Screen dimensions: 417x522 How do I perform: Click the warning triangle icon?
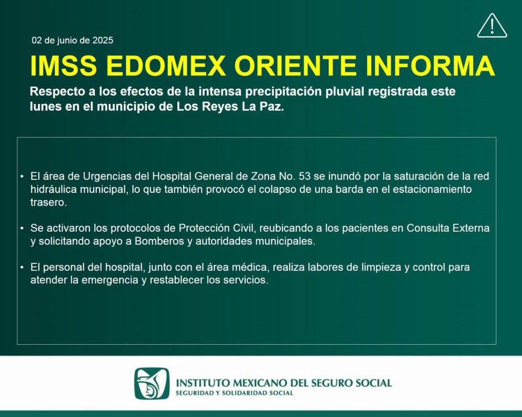coord(491,26)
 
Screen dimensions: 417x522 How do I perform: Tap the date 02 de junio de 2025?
coord(72,40)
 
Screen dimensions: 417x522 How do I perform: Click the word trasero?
coord(48,202)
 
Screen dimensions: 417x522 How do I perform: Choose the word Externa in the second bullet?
coord(471,229)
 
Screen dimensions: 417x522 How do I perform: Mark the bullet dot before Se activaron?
coord(22,229)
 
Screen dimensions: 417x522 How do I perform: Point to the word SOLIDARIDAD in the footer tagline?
coord(239,393)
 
